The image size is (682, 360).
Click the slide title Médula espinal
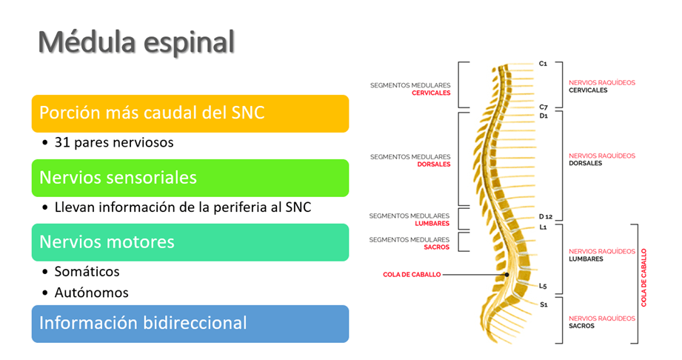(136, 42)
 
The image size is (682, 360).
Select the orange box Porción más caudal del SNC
(190, 113)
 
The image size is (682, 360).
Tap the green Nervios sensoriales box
(190, 178)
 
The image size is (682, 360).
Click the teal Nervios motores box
(190, 242)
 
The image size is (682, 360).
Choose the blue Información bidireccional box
(190, 324)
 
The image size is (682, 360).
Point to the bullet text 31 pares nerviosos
(114, 142)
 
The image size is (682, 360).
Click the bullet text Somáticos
(87, 272)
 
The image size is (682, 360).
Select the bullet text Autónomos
(91, 293)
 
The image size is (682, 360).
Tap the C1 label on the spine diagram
(543, 64)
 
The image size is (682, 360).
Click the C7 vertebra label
(544, 107)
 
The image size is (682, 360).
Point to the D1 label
(544, 116)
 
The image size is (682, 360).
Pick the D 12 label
(546, 216)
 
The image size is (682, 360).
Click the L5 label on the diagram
(543, 286)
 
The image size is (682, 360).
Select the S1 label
(544, 304)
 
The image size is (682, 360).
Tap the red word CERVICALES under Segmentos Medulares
(431, 93)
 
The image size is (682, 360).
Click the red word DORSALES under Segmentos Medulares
(434, 164)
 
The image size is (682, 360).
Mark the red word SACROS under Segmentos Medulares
(436, 247)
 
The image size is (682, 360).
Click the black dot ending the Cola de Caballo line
(507, 275)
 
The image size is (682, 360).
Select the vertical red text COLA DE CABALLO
(643, 278)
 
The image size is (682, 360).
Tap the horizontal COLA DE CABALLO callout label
(412, 275)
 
